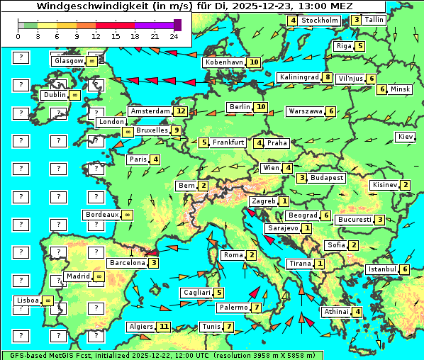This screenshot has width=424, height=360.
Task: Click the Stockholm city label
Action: coord(320,21)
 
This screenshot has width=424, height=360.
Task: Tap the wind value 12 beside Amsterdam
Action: coord(182,111)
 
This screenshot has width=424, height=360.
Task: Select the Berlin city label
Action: coord(240,107)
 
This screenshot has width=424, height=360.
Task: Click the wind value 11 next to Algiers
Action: coord(164,327)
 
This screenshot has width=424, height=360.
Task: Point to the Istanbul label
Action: coord(383,269)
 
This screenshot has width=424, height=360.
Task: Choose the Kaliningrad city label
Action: coord(299,77)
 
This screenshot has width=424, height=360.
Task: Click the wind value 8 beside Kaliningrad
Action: coord(328,77)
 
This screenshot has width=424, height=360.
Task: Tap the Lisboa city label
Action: coord(28,300)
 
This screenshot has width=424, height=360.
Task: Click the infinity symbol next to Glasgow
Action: coord(92,62)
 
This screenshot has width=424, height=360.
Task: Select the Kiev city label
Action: coord(406,137)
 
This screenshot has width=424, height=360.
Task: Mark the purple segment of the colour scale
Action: coord(155,25)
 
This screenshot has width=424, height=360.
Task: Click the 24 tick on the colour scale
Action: coord(174,37)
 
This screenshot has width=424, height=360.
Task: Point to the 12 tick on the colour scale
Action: coord(96,37)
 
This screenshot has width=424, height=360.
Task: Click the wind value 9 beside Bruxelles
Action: coord(177,130)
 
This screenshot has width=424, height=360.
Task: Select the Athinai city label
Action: coord(336,312)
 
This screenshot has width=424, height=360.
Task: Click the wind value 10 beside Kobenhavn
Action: coord(254,62)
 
